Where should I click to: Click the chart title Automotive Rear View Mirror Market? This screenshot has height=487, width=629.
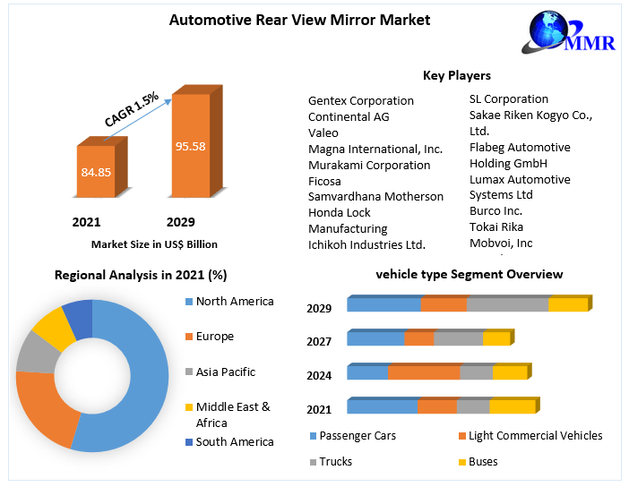pos(299,20)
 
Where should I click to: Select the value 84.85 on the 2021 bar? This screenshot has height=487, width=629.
pos(96,171)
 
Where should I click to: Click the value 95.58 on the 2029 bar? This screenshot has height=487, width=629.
pos(191,146)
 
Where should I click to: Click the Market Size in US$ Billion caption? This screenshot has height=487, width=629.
pos(154,243)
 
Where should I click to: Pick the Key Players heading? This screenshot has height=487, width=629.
pos(456,75)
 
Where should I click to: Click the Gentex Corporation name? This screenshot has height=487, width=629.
pos(361,100)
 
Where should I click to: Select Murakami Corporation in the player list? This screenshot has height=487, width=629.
pos(369,165)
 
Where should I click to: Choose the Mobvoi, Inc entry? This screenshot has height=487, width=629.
pos(501,243)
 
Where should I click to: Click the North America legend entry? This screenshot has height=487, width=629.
pos(235,302)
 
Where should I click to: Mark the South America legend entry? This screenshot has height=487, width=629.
pos(235,441)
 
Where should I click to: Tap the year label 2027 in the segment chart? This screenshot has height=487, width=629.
pos(319,342)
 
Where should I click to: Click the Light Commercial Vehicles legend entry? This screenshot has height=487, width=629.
pos(535,436)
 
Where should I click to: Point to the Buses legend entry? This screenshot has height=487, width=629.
pos(483,462)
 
